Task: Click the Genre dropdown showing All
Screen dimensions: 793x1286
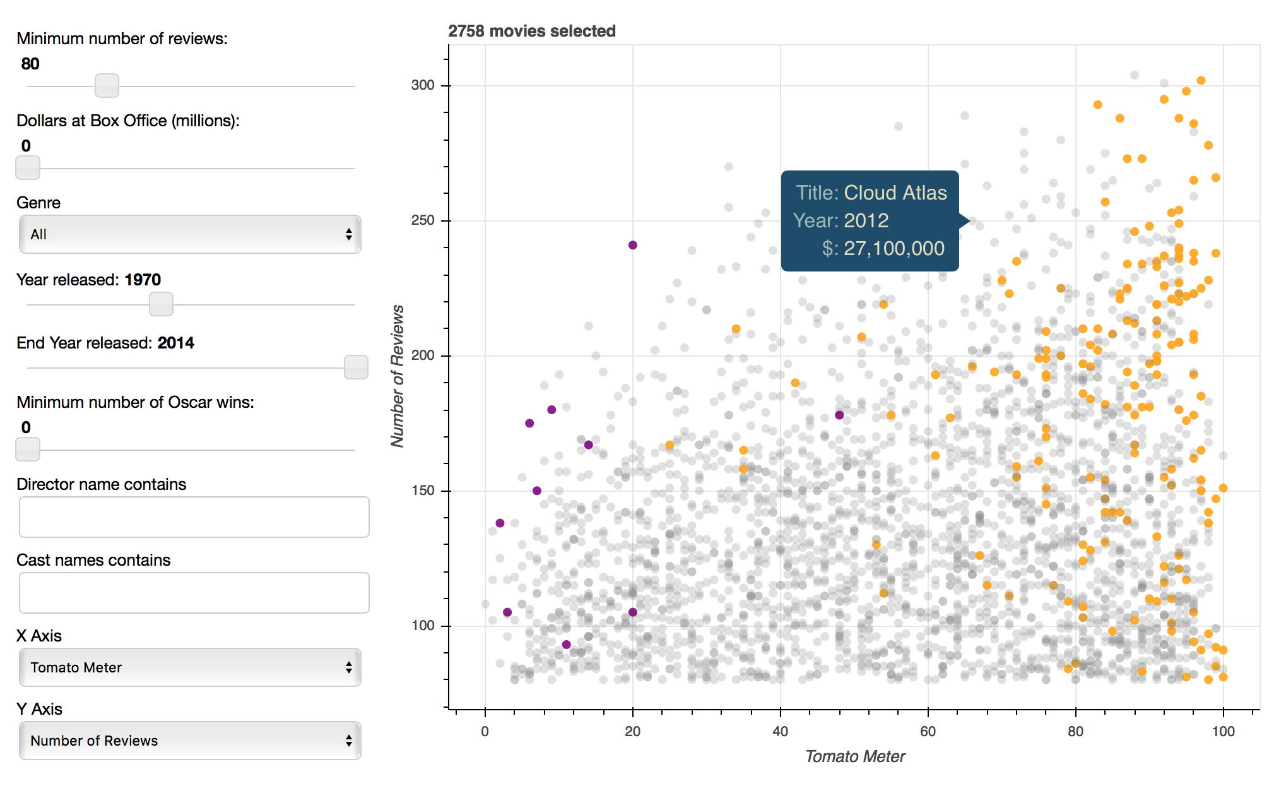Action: click(189, 234)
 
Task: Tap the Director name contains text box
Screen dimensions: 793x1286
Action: click(194, 517)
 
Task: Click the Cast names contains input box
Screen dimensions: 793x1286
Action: click(194, 593)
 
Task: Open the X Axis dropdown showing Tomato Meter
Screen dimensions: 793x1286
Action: click(189, 667)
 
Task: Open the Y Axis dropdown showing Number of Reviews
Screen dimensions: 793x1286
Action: click(189, 741)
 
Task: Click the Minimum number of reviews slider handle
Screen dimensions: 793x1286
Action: click(107, 85)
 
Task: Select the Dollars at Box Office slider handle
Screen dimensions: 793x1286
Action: click(28, 168)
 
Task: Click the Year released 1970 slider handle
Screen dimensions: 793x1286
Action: click(161, 304)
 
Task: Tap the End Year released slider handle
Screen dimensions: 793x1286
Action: click(356, 367)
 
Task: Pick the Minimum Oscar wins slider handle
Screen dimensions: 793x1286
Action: click(28, 450)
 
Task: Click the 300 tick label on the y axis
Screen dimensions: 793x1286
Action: click(423, 85)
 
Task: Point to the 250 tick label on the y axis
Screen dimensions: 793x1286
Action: click(423, 220)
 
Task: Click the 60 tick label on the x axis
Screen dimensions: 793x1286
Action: click(928, 732)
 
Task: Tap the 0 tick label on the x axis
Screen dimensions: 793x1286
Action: click(485, 732)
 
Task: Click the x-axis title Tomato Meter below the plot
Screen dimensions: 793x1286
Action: click(855, 756)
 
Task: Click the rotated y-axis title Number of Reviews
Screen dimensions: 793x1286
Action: click(397, 376)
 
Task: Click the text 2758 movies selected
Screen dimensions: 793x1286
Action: click(531, 31)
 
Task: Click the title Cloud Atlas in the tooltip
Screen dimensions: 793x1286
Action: click(895, 193)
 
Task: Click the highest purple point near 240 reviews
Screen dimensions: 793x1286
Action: click(632, 245)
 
